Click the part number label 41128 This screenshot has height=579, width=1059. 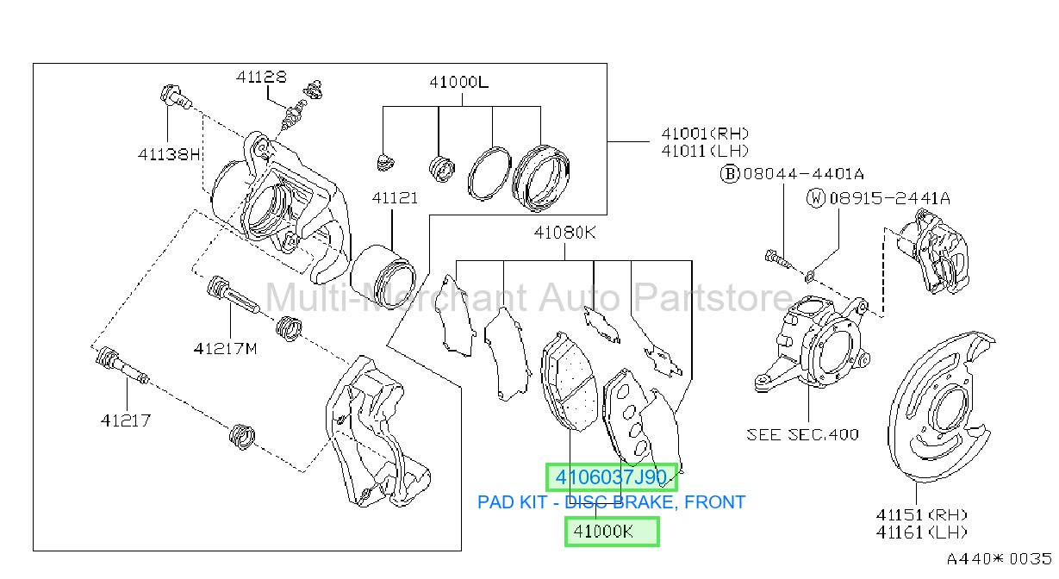pos(261,77)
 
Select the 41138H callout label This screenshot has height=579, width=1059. pos(169,154)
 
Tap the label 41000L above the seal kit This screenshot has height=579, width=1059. pos(458,82)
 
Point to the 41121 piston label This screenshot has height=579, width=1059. pos(395,197)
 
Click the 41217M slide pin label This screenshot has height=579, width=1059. pos(226,349)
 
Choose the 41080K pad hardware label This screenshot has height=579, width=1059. pos(565,233)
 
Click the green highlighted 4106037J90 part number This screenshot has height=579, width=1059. pos(611,477)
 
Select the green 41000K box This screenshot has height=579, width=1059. pos(612,532)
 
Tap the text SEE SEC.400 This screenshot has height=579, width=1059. pos(802,434)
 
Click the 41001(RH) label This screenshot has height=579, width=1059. pos(705,134)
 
